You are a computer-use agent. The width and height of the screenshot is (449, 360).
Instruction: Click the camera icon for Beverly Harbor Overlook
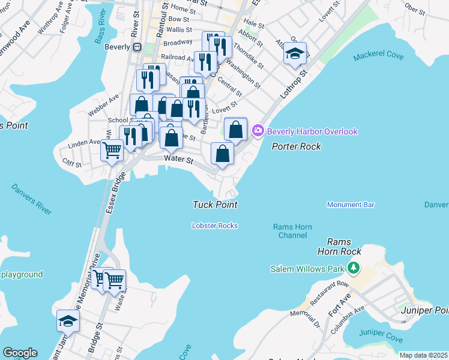[259, 131]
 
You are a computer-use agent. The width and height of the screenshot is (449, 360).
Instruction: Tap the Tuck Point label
[215, 205]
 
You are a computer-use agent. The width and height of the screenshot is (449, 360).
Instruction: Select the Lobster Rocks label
[215, 226]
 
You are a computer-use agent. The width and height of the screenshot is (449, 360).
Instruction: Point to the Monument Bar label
[351, 205]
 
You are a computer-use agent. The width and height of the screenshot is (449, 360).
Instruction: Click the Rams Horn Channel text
[290, 231]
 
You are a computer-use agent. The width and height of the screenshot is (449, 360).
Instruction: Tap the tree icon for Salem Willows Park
[354, 268]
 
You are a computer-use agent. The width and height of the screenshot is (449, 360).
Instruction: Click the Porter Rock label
[296, 146]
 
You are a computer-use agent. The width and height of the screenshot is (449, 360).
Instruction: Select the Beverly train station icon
[137, 47]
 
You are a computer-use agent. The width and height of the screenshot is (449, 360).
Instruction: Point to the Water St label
[179, 160]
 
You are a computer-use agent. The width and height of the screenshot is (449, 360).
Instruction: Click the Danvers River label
[31, 199]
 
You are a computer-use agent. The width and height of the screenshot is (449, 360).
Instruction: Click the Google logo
[20, 353]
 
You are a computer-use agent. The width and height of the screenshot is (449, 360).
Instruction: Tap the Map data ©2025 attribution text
[423, 355]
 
